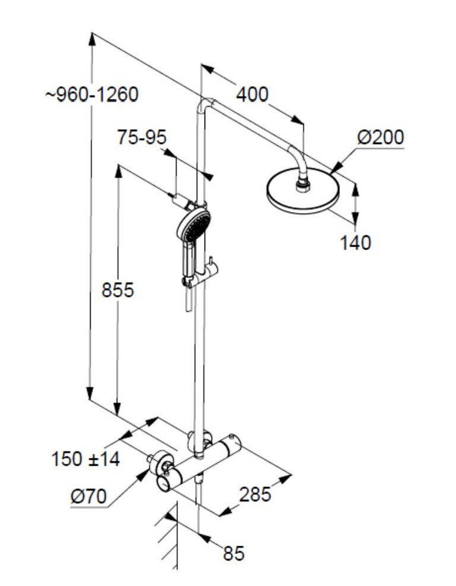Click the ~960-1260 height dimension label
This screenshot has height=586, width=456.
point(92,94)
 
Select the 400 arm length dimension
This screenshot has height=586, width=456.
point(252,94)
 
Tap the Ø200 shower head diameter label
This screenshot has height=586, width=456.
point(380,137)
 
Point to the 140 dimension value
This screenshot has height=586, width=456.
point(355,242)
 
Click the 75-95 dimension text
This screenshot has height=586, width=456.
point(142,137)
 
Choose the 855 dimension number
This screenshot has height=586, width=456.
point(118,290)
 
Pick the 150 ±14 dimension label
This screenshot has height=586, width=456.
point(85,459)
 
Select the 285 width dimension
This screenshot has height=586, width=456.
point(255,494)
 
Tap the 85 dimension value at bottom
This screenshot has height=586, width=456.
point(234,553)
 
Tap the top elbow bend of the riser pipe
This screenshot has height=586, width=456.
point(205,105)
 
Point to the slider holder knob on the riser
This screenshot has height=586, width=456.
point(211,264)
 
